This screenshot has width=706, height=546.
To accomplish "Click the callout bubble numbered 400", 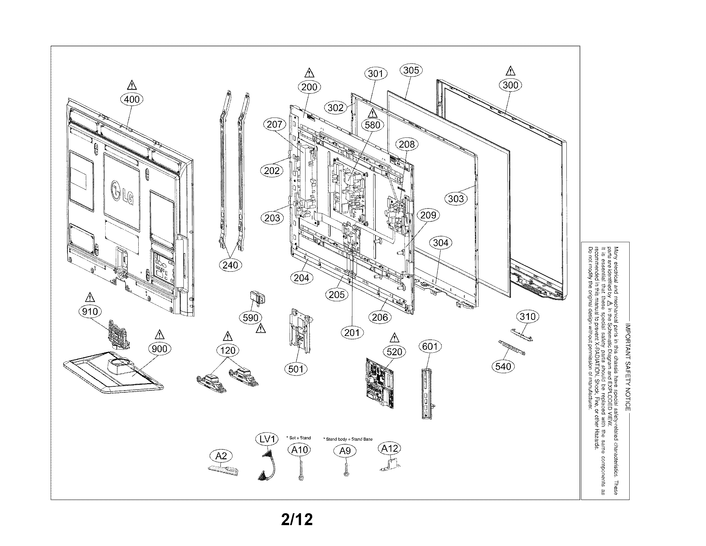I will pos(132,99).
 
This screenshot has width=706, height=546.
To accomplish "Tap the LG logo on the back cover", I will pos(122,193).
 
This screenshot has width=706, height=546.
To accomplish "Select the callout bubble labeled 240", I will pos(230,265).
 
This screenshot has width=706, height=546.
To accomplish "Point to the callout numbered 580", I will pos(372,125).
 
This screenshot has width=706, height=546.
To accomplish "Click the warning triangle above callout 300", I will pos(510,71).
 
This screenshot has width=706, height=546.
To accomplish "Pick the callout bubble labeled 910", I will pos(90,312).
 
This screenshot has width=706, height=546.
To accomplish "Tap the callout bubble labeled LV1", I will pos(267,439).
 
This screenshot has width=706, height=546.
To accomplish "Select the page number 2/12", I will pos(297,520).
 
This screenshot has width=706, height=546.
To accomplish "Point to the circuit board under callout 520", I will pos(380,383).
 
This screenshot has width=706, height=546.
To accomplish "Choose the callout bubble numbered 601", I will pos(430,347).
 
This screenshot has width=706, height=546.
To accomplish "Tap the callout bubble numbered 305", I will pos(411,70).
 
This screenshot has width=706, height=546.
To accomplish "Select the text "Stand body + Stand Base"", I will pos(349,439).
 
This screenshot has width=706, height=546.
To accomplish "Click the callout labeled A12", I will pos(389,448).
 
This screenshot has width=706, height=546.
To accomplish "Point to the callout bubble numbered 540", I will pos(503,366).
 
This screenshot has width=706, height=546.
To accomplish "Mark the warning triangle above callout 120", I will pos(228,337).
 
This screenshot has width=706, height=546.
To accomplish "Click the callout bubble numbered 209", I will pos(428,215).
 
